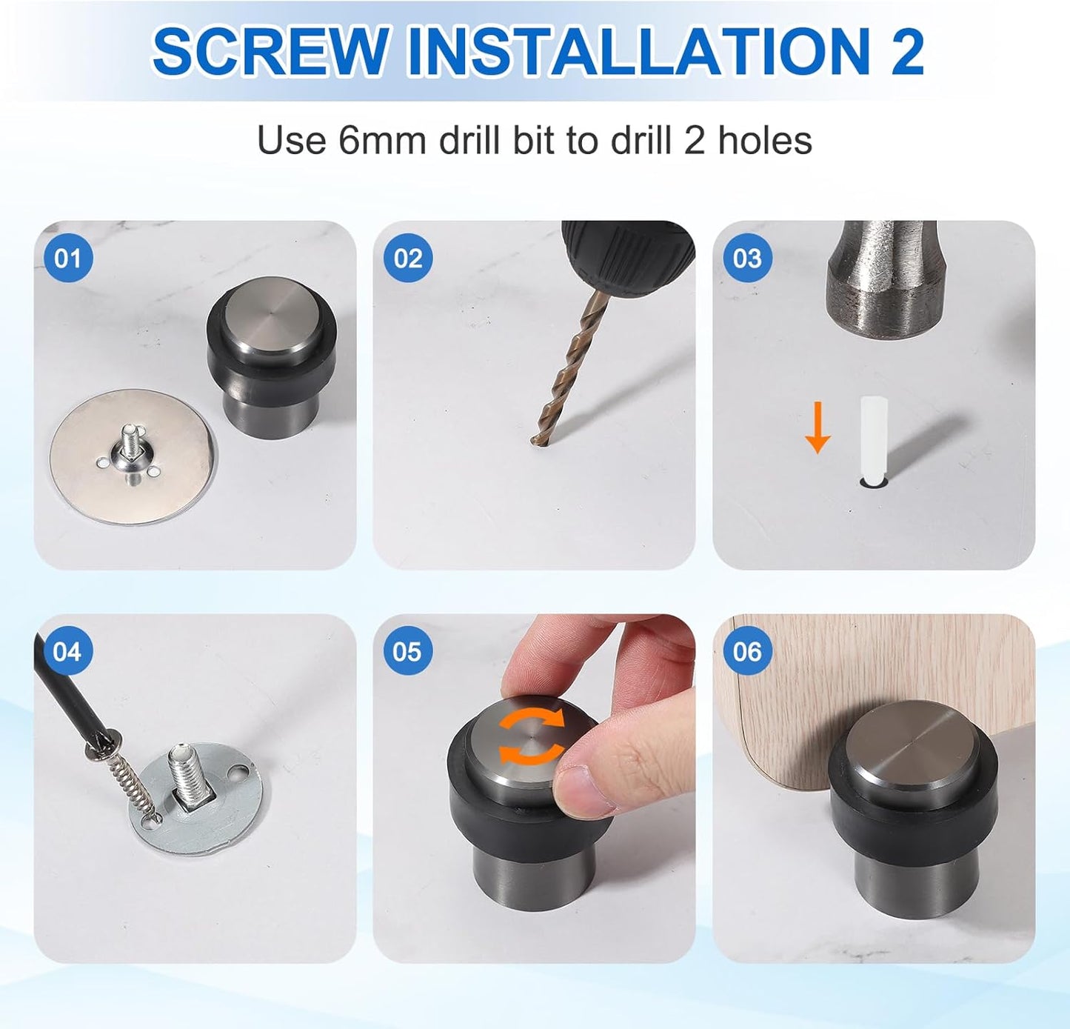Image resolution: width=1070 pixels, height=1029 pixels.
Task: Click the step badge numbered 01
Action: pyautogui.click(x=67, y=258)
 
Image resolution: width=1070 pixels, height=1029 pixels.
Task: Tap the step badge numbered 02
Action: pyautogui.click(x=407, y=258)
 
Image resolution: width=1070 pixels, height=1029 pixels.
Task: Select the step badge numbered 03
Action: pyautogui.click(x=746, y=258)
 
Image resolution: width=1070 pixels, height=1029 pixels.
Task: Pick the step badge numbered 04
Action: pyautogui.click(x=67, y=651)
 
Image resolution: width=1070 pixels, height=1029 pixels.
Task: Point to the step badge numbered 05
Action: pyautogui.click(x=407, y=651)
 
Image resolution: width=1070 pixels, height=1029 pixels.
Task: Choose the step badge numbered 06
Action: pyautogui.click(x=746, y=651)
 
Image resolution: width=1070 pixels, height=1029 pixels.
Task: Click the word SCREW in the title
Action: pyautogui.click(x=270, y=52)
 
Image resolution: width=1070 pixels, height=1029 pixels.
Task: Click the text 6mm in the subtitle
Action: pyautogui.click(x=382, y=140)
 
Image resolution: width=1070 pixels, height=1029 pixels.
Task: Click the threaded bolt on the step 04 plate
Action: pyautogui.click(x=186, y=770)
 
